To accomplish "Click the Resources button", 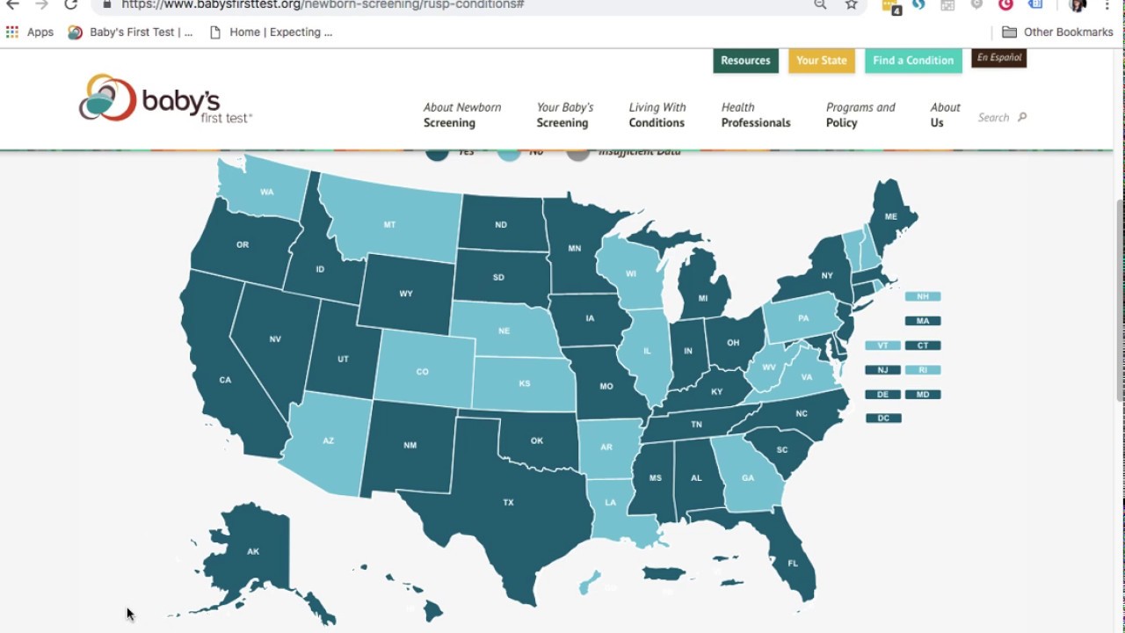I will pos(745,61).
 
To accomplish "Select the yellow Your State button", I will pos(821,61).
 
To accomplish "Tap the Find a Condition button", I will pos(913,61).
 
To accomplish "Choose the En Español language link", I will pos(999,58).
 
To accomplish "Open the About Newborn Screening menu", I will pos(462,115).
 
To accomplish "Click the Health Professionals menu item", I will pos(756,115).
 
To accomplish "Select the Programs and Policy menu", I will pos(860,115).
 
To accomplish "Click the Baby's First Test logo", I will pos(165,98).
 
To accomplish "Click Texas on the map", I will pos(508,502).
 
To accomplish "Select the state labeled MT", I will pos(389,225).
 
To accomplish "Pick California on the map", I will pos(225,380).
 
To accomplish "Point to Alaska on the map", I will pos(253,551).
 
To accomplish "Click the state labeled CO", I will pos(422,372).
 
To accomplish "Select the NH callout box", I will pos(923,296).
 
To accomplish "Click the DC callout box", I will pos(883,418).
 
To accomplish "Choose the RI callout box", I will pos(923,370).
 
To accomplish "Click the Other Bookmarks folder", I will pos(1058,33).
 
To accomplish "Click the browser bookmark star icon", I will pos(852,4).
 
